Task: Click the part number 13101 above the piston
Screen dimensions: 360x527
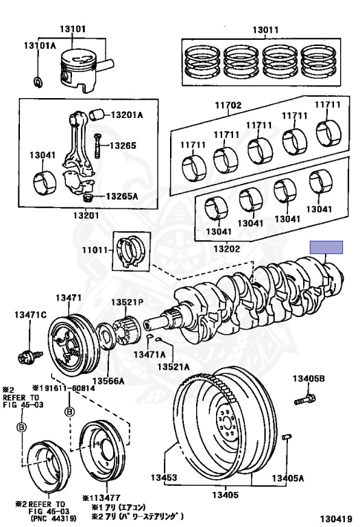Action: (x=73, y=29)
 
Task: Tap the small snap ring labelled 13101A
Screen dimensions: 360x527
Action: (x=38, y=82)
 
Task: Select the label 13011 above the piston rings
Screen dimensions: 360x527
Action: (x=265, y=30)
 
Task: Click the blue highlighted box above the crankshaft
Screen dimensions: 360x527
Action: (x=326, y=247)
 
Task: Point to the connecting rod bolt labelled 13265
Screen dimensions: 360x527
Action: (x=97, y=145)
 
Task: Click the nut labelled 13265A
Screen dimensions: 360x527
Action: (x=88, y=198)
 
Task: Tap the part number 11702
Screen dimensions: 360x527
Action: (x=228, y=105)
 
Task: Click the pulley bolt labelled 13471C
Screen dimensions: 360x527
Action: (x=30, y=355)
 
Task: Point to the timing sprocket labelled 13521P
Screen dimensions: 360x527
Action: (x=127, y=332)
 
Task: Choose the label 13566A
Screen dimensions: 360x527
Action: (x=108, y=381)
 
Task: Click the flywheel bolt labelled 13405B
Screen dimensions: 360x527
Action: (x=305, y=399)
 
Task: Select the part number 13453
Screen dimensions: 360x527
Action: (x=164, y=478)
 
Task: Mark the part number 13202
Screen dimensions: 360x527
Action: (x=227, y=248)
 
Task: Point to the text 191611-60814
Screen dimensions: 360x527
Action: (x=67, y=388)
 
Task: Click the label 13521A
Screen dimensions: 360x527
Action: (x=173, y=366)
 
